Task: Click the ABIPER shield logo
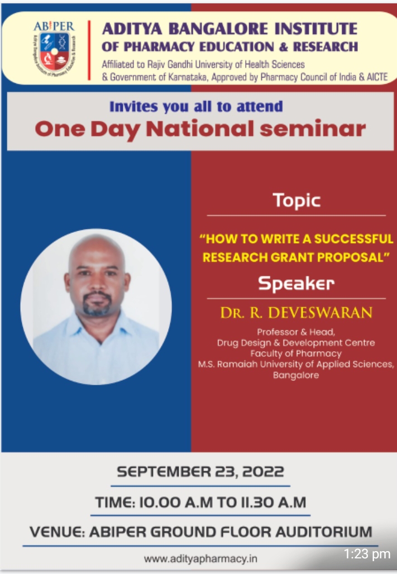(54, 51)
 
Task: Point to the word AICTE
(377, 77)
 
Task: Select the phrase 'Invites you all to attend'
(197, 107)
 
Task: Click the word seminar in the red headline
(313, 129)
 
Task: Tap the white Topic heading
(296, 200)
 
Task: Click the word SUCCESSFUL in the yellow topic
(353, 238)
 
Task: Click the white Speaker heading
(296, 283)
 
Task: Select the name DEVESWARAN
(321, 313)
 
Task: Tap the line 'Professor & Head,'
(296, 332)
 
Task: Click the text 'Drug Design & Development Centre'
(296, 343)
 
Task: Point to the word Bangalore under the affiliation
(296, 375)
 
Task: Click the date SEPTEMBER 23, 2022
(200, 471)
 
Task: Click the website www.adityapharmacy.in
(200, 559)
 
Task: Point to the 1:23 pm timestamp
(367, 554)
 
